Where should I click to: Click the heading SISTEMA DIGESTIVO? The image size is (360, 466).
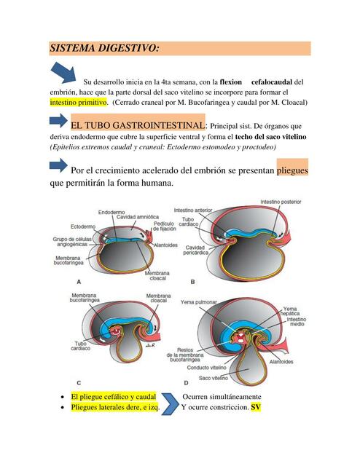pos(104,48)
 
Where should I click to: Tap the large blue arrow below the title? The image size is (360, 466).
pos(63,73)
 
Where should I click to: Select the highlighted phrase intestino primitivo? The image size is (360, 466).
pos(78,103)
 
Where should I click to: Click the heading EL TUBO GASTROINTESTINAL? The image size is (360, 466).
pos(138,125)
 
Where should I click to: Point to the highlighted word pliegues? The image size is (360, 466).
pos(292,170)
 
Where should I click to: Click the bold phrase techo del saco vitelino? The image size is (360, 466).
pos(271,137)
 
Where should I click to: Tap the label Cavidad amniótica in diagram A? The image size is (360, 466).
pos(138,217)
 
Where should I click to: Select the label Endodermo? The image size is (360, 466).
pos(111,212)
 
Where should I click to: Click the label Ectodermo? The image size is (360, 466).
pos(83,226)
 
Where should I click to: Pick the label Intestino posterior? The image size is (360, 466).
pos(281,202)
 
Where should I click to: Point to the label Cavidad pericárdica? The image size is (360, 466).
pos(196,250)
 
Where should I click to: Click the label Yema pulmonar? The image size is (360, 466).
pos(198,302)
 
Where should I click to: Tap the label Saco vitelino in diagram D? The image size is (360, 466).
pos(214,378)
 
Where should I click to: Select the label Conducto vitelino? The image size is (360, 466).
pos(206,368)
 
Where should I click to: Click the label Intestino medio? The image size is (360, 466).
pos(297,322)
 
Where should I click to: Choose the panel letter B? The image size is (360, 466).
pos(192,282)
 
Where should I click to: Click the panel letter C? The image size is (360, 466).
pos(79,383)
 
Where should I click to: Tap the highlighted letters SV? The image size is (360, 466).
pos(256,407)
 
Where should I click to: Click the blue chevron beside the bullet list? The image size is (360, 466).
pos(171,404)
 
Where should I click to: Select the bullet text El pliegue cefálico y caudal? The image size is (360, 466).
pos(114,397)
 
